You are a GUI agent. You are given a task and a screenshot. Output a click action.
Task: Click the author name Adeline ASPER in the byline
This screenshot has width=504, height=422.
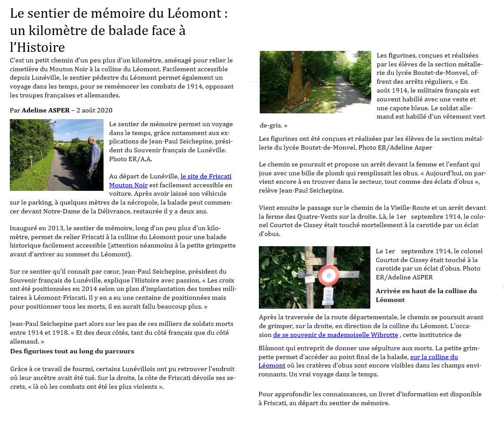(46, 110)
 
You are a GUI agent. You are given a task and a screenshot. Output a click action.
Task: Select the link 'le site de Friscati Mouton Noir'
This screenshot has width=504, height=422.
(206, 176)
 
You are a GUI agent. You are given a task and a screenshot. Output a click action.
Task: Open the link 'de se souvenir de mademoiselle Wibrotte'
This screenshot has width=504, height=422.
(335, 335)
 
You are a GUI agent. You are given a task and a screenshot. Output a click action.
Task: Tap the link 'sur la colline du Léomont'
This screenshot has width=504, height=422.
(434, 357)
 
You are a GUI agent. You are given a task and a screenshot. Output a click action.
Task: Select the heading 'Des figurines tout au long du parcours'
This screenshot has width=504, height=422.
(72, 351)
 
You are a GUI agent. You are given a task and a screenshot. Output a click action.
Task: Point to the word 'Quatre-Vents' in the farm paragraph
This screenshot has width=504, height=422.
(328, 217)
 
